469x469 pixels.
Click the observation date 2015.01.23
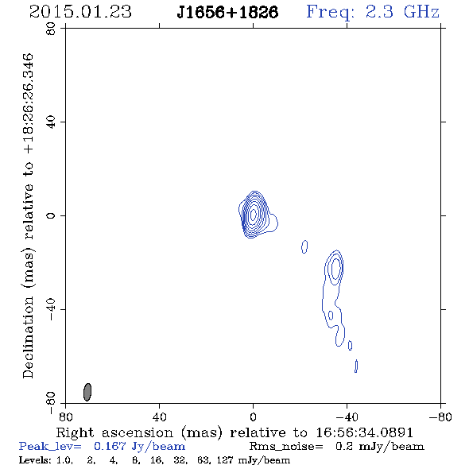[x=80, y=12]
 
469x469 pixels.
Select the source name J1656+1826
[x=227, y=12]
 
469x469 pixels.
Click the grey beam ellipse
[x=87, y=392]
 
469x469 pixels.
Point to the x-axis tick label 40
[x=159, y=417]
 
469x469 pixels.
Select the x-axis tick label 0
[x=253, y=417]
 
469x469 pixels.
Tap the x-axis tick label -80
[x=440, y=417]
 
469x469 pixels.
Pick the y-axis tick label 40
[x=51, y=122]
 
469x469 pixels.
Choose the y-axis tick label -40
[x=51, y=309]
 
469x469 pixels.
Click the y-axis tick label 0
[x=51, y=215]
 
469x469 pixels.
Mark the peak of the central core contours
[x=253, y=214]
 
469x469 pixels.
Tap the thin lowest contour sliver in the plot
[x=356, y=366]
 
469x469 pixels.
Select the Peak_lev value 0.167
[x=110, y=446]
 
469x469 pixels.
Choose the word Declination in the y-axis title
[x=28, y=337]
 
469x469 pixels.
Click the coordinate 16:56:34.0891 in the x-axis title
[x=364, y=432]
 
